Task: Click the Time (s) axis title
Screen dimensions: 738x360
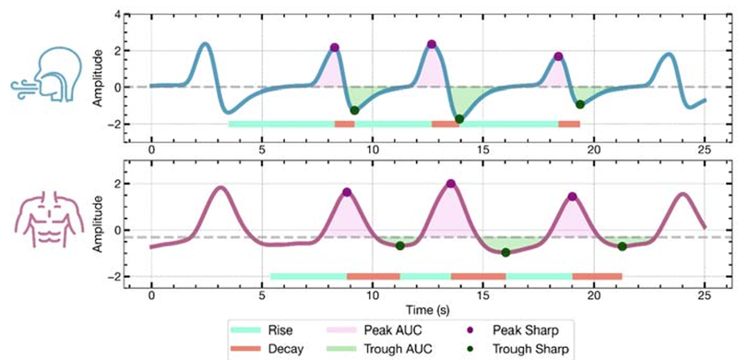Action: pyautogui.click(x=428, y=309)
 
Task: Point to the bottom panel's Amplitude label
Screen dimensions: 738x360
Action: pyautogui.click(x=97, y=222)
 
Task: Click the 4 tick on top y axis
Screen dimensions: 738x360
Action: pyautogui.click(x=121, y=15)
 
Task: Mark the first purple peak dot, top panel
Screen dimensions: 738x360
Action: pyautogui.click(x=334, y=47)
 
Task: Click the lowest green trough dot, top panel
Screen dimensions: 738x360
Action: pyautogui.click(x=459, y=119)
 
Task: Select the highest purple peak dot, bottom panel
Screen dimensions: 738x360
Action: pyautogui.click(x=451, y=184)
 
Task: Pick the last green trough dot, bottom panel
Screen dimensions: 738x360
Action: pyautogui.click(x=622, y=246)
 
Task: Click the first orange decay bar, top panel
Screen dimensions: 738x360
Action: pyautogui.click(x=344, y=125)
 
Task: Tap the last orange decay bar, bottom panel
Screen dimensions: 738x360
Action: pyautogui.click(x=597, y=277)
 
